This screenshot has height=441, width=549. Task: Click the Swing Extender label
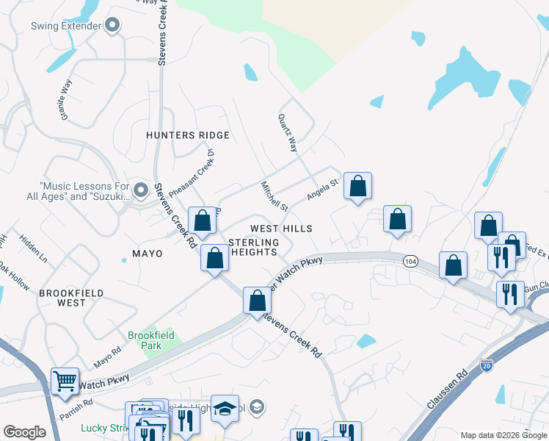pos(65,26)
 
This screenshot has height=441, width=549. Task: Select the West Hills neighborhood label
pos(281,229)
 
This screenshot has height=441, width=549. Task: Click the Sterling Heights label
pos(255,247)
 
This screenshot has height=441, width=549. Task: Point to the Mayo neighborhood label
pos(147,254)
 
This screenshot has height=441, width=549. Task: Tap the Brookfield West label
pos(62,298)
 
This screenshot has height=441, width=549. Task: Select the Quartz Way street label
pos(288,133)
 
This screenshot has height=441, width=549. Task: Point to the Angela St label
pos(321,190)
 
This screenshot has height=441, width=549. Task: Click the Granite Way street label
pos(66,100)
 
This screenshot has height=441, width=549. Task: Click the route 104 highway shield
pos(411,261)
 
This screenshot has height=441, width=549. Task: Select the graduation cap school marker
pos(225,409)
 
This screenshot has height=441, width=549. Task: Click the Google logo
pos(24,431)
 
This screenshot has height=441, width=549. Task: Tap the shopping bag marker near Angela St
pos(357,186)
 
